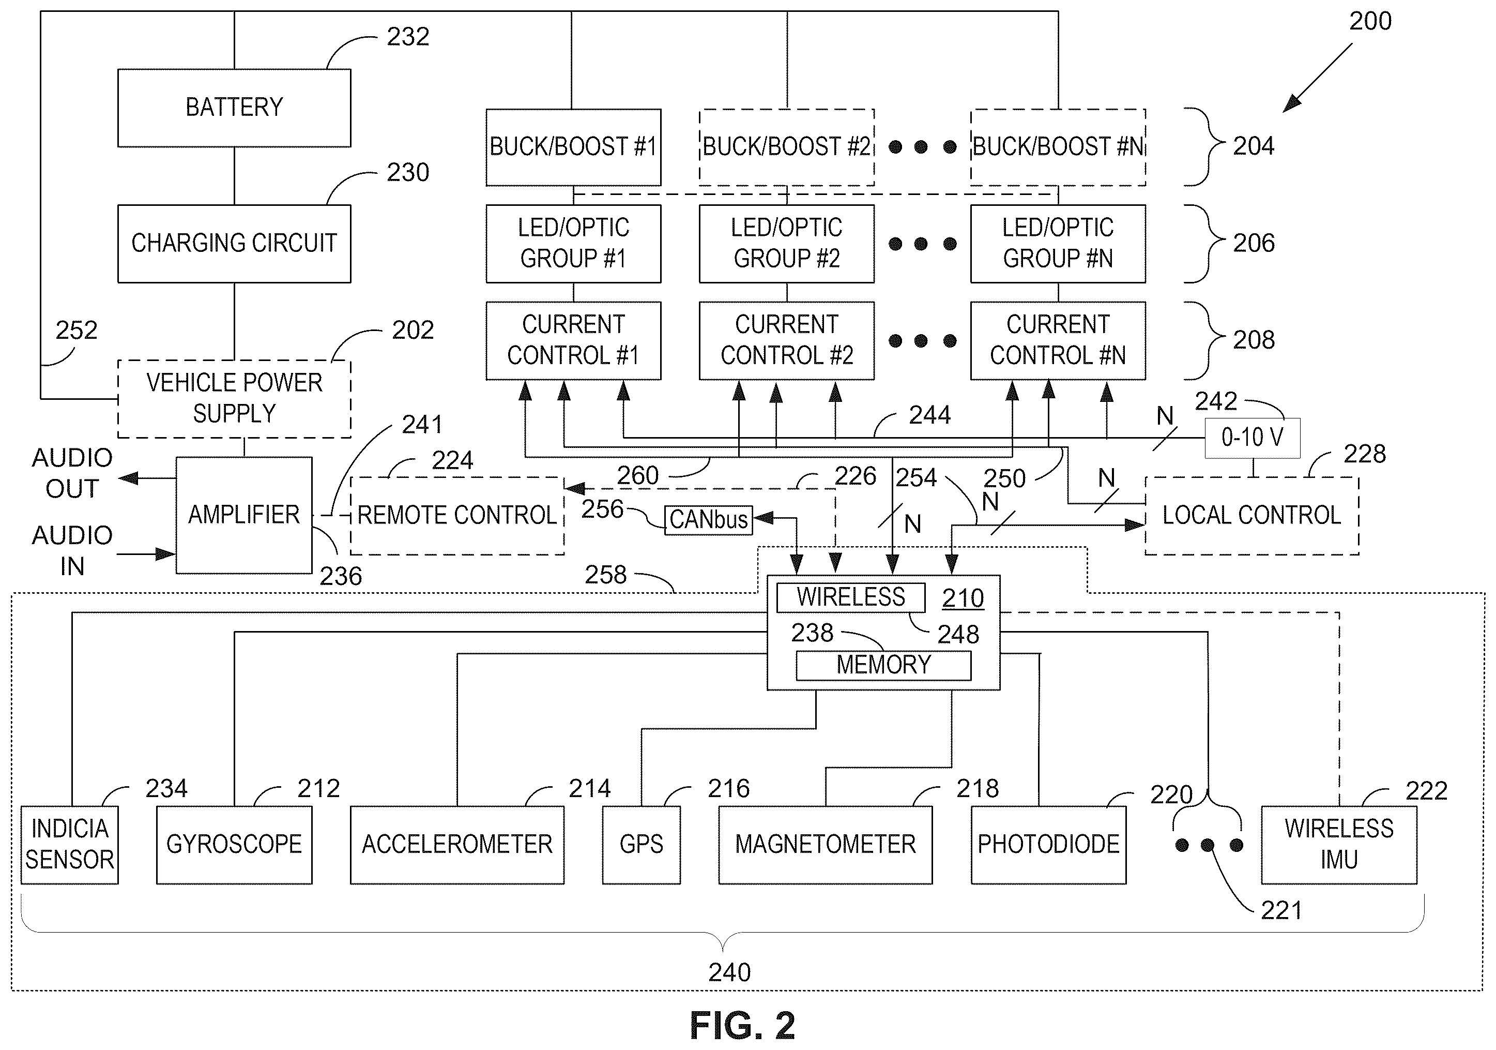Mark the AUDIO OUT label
(72, 473)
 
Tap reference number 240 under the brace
(730, 973)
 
